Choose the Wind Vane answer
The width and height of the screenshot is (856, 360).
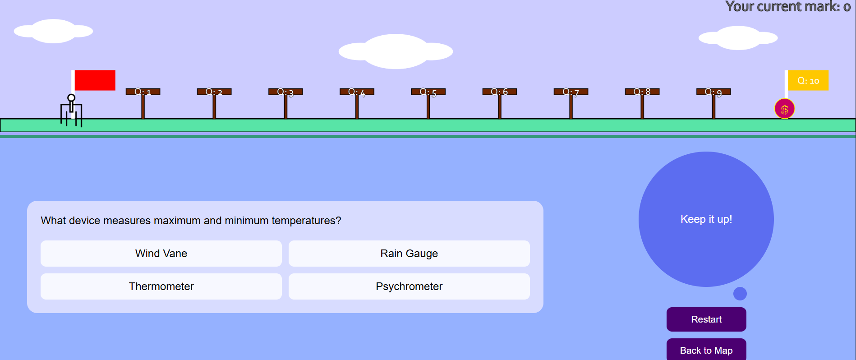click(161, 254)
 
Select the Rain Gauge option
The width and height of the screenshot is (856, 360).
click(409, 254)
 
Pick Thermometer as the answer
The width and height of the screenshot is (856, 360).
click(161, 286)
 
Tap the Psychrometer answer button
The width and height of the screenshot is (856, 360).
click(409, 286)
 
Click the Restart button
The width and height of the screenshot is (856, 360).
click(706, 319)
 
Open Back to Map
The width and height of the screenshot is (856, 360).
click(706, 350)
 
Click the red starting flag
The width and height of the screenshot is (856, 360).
click(95, 80)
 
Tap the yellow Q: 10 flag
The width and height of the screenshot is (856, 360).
click(808, 81)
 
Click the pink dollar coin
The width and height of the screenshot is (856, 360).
click(784, 109)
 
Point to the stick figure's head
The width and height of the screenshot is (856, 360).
click(71, 98)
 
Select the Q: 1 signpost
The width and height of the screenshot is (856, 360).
click(143, 92)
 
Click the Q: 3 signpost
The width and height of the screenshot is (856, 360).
click(285, 92)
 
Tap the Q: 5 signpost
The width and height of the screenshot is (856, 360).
click(428, 92)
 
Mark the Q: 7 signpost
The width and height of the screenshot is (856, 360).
click(571, 92)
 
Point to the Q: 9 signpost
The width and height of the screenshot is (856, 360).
click(713, 92)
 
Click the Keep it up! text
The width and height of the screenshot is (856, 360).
click(706, 219)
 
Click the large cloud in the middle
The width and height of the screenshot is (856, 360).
click(396, 51)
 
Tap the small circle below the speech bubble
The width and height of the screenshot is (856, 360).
click(740, 294)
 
